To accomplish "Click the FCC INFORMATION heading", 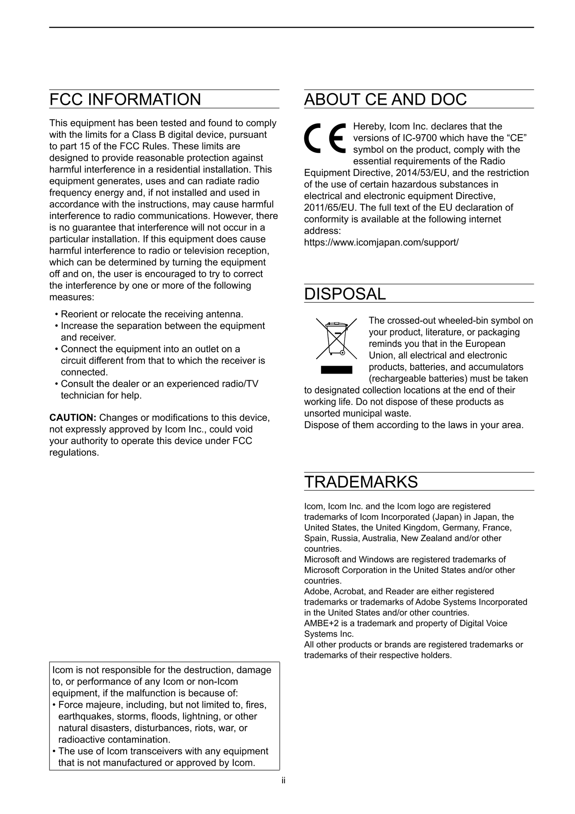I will click(x=125, y=100).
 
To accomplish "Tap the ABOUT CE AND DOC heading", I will click(x=385, y=100).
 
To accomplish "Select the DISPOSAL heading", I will click(x=345, y=294).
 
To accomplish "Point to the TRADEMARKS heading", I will click(x=361, y=482).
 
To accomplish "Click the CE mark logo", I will click(x=325, y=138).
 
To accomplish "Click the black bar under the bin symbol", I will click(x=336, y=370).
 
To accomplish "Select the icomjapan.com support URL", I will click(x=381, y=242).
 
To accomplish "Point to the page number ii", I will click(x=283, y=781).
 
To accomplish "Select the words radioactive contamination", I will click(x=114, y=740).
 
